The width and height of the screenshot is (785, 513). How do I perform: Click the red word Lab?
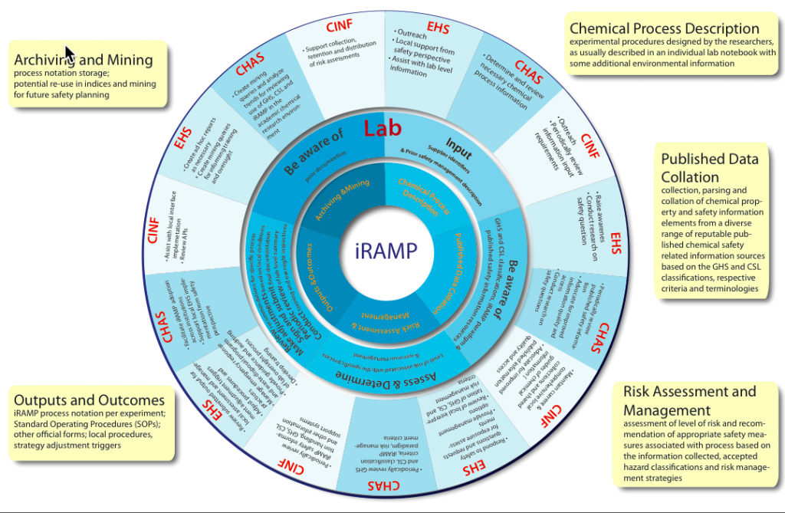[383, 129]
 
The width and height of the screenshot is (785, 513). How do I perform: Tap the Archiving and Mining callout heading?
[84, 60]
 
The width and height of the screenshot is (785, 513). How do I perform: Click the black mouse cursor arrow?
[69, 54]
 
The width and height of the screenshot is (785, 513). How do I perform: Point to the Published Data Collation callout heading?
[710, 167]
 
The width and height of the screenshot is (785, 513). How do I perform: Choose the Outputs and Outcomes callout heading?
[89, 400]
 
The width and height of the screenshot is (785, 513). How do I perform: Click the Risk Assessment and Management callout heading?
[689, 400]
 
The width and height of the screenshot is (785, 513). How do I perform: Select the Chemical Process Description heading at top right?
[665, 29]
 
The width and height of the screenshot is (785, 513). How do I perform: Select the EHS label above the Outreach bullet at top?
[438, 29]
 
